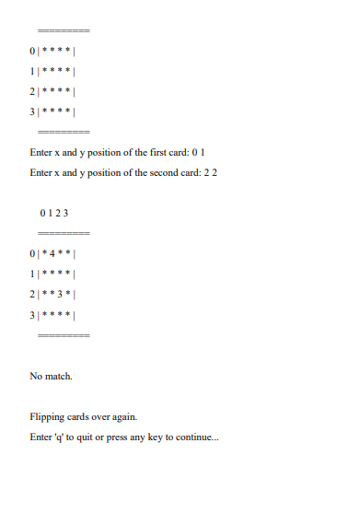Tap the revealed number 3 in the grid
click(60, 294)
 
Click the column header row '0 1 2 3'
click(54, 213)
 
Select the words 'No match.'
click(51, 376)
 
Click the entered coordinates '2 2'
click(211, 172)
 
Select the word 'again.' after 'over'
click(124, 416)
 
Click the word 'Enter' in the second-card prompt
click(41, 172)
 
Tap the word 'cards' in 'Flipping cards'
click(79, 416)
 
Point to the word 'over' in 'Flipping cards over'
click(102, 416)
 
